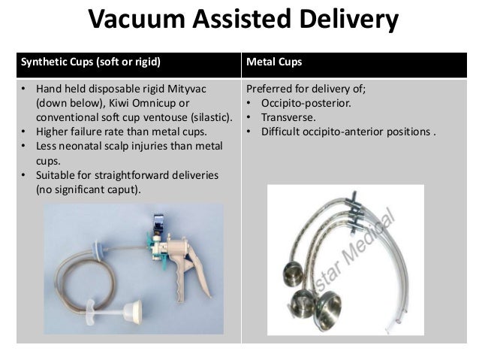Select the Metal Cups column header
tap(272, 61)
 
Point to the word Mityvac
tap(183, 90)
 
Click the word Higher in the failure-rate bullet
tap(52, 132)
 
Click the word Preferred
tap(270, 90)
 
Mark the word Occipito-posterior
tap(300, 104)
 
